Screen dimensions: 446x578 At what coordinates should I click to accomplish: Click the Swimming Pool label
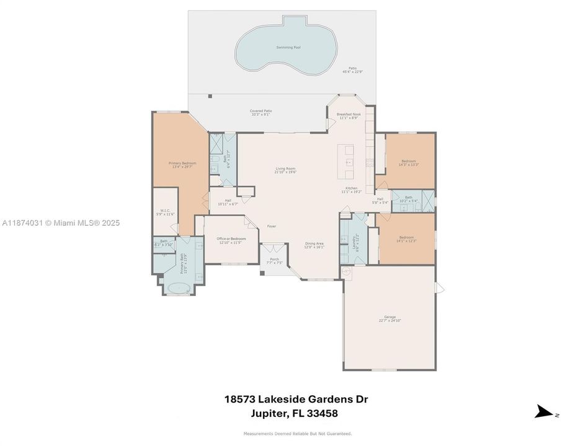coord(285,47)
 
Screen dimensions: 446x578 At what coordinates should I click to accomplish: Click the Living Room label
coord(286,170)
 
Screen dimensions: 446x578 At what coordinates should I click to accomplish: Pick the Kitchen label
coord(352,190)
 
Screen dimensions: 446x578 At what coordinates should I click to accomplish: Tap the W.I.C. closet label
coord(165,211)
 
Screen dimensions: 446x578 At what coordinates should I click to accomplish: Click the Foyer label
coord(272,226)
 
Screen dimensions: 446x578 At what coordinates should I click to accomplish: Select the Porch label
coord(274,260)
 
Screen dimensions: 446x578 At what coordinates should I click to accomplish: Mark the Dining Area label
coord(314,245)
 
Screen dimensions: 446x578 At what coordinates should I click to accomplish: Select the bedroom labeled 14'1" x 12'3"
coord(406,238)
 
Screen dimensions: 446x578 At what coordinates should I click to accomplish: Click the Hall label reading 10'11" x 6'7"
coord(228,201)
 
